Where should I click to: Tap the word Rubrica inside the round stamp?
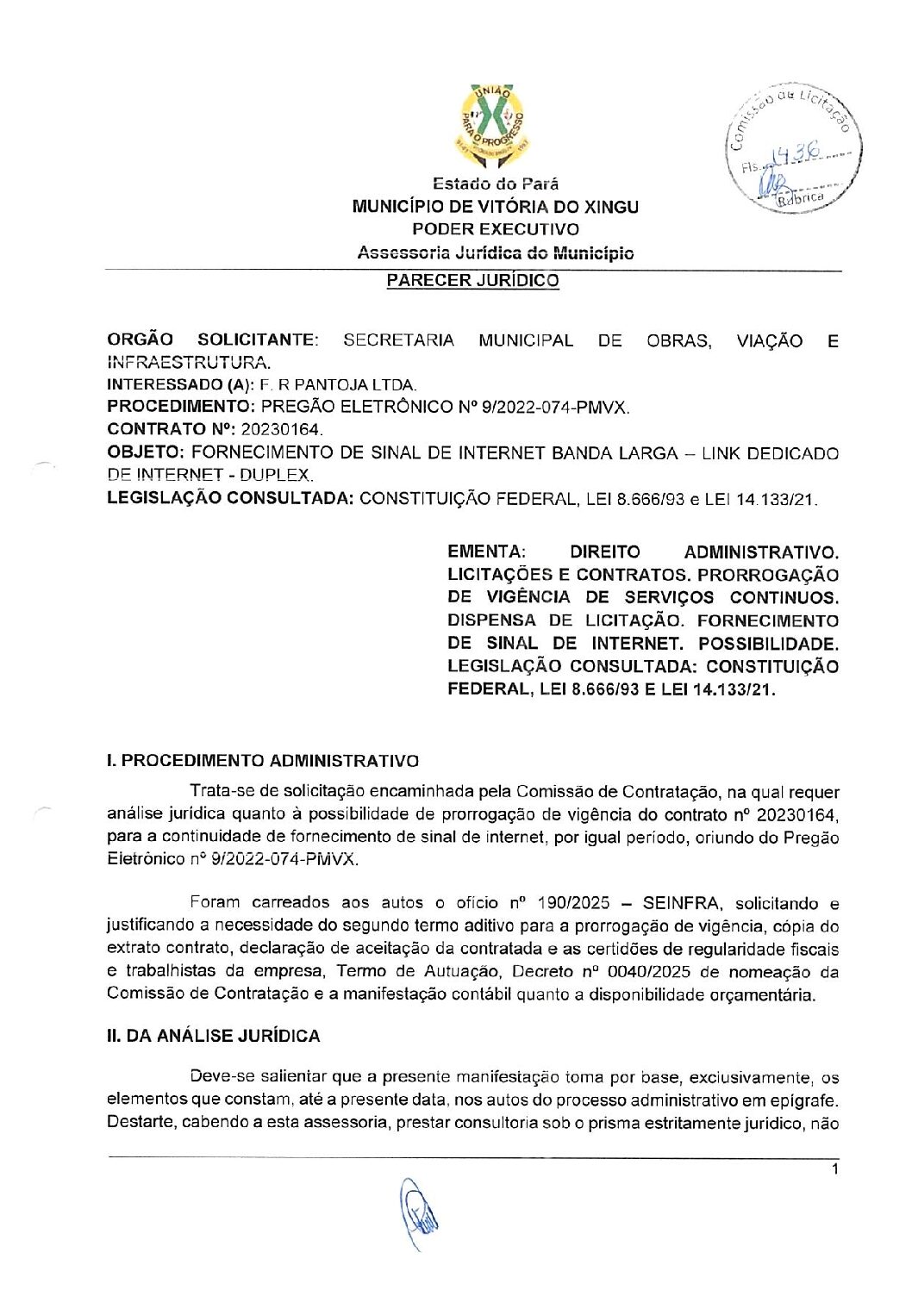[x=800, y=198]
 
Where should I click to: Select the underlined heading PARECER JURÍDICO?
[x=472, y=281]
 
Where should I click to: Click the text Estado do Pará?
[x=495, y=184]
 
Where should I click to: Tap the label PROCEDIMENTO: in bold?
[x=180, y=407]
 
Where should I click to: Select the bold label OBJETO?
[x=146, y=452]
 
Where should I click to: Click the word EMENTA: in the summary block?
[x=486, y=552]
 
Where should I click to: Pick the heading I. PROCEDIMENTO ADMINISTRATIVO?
[x=263, y=761]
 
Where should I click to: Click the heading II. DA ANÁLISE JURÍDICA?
[x=213, y=1037]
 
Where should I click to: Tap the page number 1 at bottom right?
[x=834, y=1170]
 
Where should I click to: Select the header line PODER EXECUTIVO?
[x=495, y=230]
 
